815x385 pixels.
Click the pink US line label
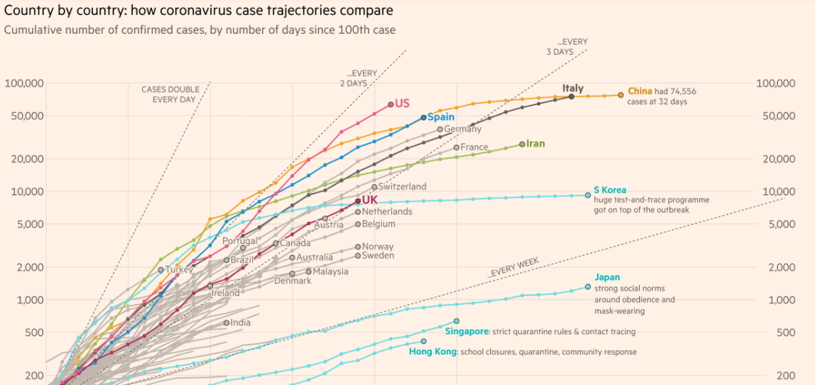[x=402, y=103]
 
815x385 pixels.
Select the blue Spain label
[x=442, y=117]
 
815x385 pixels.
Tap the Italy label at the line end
[x=573, y=88]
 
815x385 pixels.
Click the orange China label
[x=641, y=91]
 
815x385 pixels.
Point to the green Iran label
[x=535, y=144]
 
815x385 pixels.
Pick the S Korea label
[x=610, y=190]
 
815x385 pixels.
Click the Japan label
[x=607, y=277]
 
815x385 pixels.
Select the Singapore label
[x=466, y=332]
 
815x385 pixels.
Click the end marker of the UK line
[x=358, y=201]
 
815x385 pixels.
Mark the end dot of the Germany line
[x=440, y=129]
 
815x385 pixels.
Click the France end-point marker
[x=457, y=147]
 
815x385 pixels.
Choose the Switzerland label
[x=402, y=187]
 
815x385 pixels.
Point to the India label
[x=240, y=323]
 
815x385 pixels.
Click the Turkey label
[x=179, y=270]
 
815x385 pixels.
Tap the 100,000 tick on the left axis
[x=24, y=83]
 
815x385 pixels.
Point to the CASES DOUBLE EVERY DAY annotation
[x=170, y=94]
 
